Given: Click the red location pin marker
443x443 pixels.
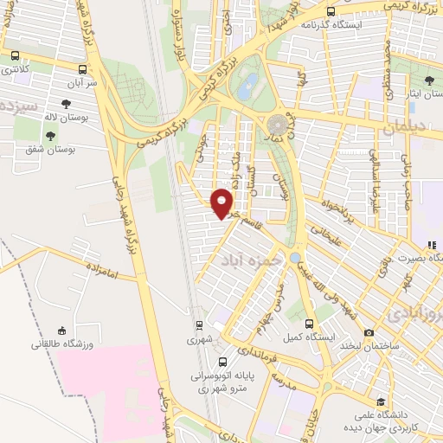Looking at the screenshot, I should (x=222, y=202).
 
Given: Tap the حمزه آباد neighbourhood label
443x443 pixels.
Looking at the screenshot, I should (x=251, y=260).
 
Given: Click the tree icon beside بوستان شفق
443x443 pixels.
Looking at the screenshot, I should (x=50, y=136).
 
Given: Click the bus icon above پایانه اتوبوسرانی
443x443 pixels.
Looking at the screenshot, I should (x=223, y=363).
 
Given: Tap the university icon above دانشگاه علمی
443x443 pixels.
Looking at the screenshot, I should (x=382, y=401).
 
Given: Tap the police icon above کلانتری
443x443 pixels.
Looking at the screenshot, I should (x=14, y=55).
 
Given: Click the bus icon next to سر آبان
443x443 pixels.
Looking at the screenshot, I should (x=82, y=70).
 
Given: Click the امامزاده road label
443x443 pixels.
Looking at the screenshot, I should (x=112, y=275).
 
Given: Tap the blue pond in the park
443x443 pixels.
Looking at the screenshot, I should (x=249, y=85).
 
